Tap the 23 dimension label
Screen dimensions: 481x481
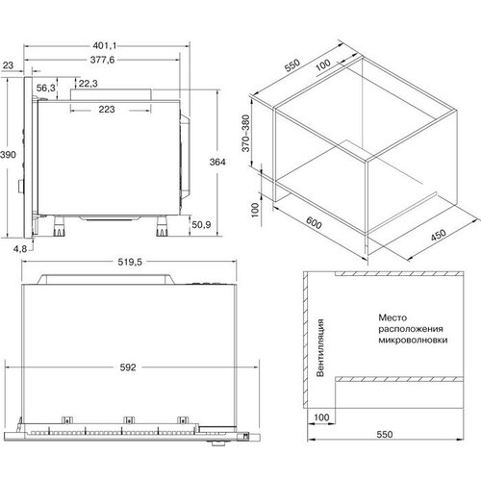(x=10, y=64)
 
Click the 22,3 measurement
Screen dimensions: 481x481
(x=88, y=84)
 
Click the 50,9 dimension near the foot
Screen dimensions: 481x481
(x=201, y=224)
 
